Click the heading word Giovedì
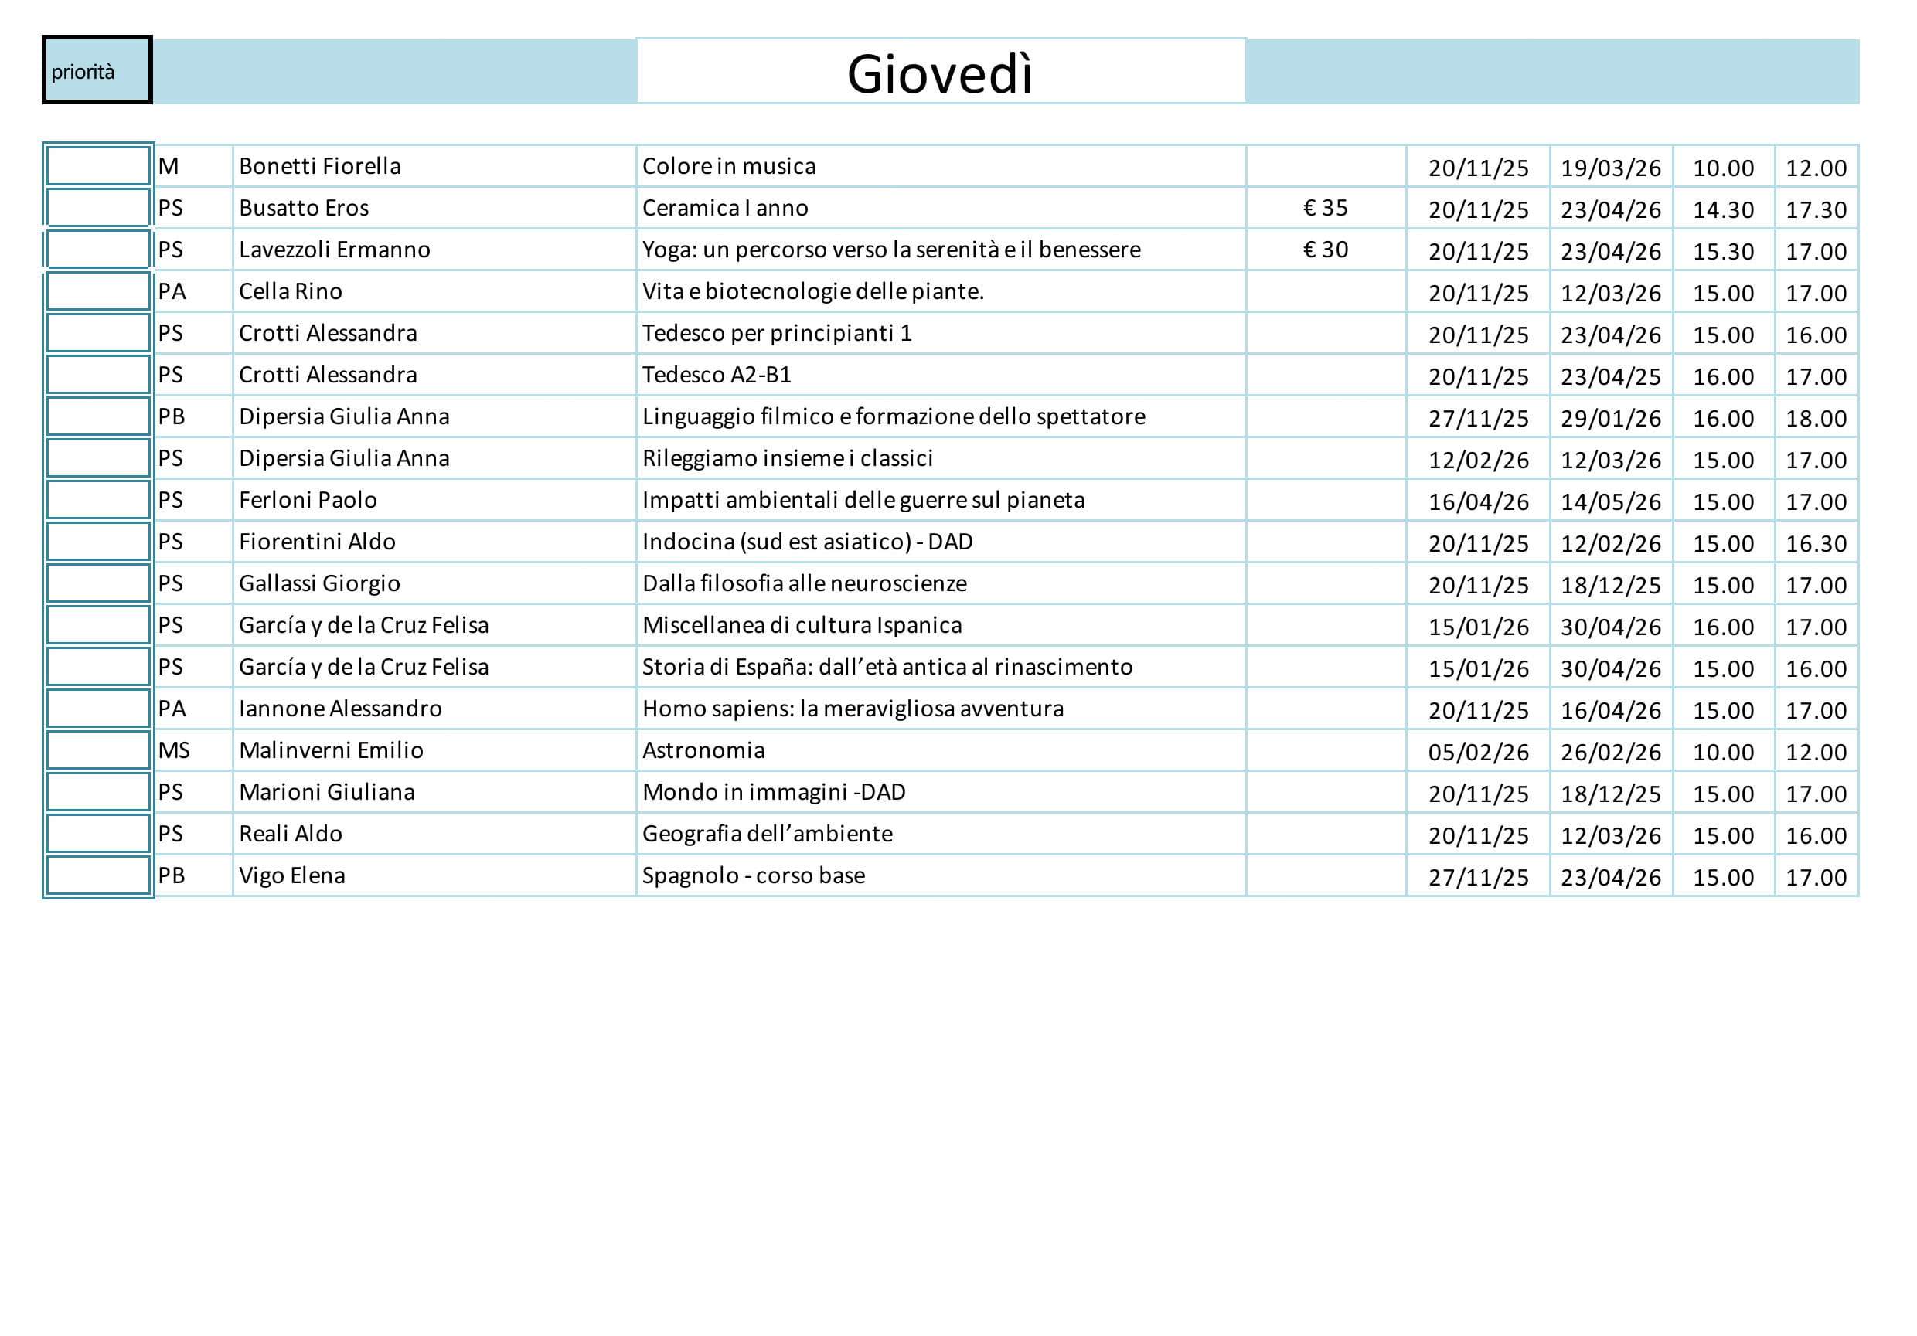point(940,73)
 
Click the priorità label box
point(96,70)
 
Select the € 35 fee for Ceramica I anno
point(1325,208)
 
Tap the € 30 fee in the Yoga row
point(1325,250)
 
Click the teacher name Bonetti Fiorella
point(320,166)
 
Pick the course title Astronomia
point(703,750)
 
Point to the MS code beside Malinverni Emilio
point(174,750)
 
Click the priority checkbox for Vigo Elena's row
point(97,875)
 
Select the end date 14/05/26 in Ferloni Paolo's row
point(1611,501)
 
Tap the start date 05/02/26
point(1478,752)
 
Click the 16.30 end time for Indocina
point(1815,543)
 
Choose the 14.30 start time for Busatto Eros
point(1722,209)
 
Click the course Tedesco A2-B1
point(717,375)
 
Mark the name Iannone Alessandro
point(340,709)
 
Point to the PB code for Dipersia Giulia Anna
point(171,416)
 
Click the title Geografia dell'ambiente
point(767,834)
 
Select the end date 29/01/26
point(1611,418)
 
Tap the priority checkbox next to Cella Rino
point(97,291)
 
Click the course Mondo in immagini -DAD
point(773,792)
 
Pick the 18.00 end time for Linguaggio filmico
point(1815,418)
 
